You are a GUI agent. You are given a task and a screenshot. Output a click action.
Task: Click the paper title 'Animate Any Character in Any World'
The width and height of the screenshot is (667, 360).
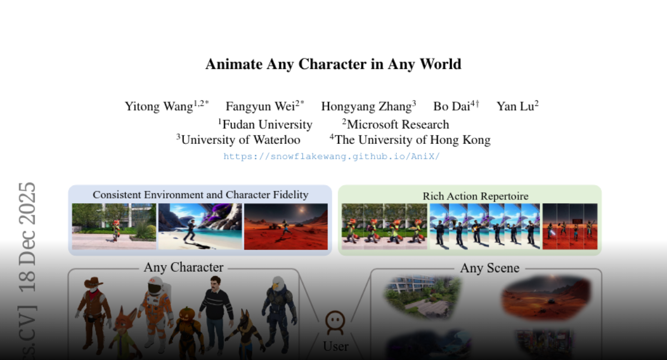tap(333, 64)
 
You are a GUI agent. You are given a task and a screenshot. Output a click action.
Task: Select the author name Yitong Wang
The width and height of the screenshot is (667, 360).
tap(159, 107)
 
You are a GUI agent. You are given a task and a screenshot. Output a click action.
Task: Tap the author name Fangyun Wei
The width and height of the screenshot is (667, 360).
tap(260, 107)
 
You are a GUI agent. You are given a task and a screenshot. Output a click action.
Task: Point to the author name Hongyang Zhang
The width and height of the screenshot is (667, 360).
tap(366, 107)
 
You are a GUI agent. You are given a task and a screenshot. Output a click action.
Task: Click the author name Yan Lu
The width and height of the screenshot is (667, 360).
tap(515, 107)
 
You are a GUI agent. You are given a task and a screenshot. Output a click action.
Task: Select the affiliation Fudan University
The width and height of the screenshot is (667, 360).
tap(267, 124)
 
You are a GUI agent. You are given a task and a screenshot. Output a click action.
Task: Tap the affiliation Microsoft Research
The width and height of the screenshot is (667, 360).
tap(398, 124)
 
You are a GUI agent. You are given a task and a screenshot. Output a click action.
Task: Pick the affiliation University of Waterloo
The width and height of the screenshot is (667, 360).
tap(241, 140)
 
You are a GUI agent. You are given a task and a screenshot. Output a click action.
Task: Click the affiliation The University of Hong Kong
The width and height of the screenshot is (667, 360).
tap(412, 140)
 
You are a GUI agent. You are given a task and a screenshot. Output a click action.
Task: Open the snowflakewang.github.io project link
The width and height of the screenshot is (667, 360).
tap(332, 157)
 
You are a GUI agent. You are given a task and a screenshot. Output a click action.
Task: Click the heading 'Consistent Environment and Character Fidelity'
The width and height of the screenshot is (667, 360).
tap(201, 195)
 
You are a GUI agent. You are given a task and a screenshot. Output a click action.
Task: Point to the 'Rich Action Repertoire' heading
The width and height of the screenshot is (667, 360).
tap(476, 196)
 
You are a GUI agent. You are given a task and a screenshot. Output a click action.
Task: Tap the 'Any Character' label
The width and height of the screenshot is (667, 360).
tap(183, 267)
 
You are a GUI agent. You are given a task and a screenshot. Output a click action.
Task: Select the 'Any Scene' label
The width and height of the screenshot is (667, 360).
tap(490, 268)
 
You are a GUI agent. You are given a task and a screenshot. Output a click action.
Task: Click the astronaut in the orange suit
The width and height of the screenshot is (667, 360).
tap(156, 312)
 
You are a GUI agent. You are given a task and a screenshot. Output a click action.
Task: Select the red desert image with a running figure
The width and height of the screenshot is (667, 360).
tap(286, 227)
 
